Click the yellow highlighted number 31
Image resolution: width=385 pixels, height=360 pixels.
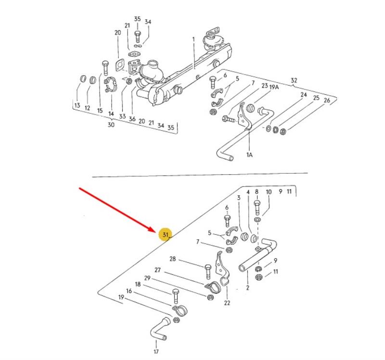pos(166,235)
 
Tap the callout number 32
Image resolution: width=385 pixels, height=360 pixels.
pos(294,81)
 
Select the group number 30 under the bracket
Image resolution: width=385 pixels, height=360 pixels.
pos(111,125)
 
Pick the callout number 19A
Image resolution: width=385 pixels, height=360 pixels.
pos(274,87)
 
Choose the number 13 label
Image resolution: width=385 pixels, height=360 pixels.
pos(77,105)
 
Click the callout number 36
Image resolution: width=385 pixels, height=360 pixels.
pos(131,118)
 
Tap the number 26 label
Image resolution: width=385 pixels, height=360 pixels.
pos(327,101)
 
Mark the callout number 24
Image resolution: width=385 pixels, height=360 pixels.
pos(304,95)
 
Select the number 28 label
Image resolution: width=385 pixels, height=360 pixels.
pos(173,259)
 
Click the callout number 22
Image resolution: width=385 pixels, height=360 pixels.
pos(227,303)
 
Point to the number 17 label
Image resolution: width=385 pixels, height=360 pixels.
pos(156,344)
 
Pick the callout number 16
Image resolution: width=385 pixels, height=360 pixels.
pos(129,291)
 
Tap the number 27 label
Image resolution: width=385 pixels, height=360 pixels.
pos(157,270)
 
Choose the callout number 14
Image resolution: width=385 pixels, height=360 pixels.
pos(111,114)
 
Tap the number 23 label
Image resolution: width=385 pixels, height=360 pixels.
pos(265,86)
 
